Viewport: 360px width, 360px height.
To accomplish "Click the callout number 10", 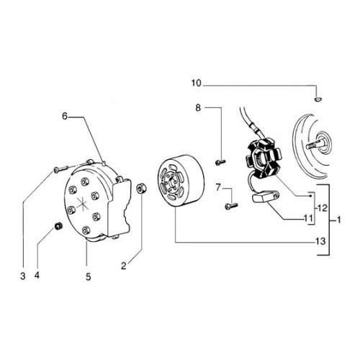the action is [197, 84].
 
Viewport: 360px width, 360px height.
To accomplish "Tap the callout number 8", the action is [198, 108].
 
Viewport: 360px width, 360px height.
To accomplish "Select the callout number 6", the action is [65, 116].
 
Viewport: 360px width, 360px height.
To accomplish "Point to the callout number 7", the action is [218, 187].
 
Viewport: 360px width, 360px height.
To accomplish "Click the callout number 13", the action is [320, 241].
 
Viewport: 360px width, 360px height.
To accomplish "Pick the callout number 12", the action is [322, 208].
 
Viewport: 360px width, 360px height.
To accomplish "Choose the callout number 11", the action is [308, 218].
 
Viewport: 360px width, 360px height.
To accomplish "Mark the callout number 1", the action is [338, 220].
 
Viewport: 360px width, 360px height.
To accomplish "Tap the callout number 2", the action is [124, 266].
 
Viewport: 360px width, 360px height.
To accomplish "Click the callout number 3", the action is [23, 276].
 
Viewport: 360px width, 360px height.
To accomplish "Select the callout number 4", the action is [37, 275].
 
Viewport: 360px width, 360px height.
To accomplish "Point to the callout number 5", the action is [89, 277].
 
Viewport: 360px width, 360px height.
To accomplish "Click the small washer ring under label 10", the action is [318, 99].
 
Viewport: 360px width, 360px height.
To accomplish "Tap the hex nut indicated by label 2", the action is [141, 188].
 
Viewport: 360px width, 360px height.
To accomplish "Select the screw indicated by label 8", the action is [220, 163].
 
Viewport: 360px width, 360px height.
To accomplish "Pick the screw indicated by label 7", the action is [231, 206].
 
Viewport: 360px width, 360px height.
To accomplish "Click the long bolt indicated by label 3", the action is [61, 168].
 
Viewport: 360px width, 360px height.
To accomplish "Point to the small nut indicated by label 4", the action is [58, 226].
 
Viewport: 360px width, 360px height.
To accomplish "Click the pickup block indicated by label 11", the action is [265, 196].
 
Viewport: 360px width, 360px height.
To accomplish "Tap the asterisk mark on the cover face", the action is [82, 204].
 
